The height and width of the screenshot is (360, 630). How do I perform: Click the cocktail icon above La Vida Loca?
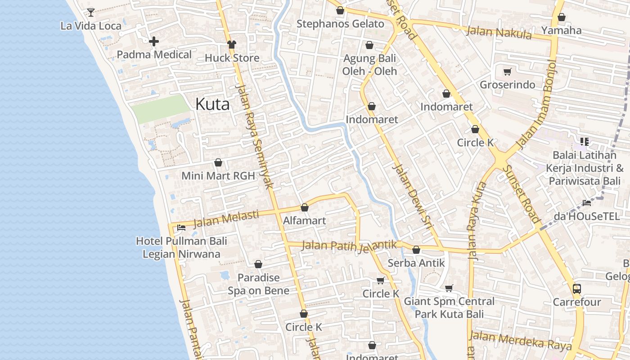91,12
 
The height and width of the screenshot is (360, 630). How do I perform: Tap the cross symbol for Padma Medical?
154,41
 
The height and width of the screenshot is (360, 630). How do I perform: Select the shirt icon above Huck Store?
232,45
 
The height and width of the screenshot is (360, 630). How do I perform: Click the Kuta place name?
212,104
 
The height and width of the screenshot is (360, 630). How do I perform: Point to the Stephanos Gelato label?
340,24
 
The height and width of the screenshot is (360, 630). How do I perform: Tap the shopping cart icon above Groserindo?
508,72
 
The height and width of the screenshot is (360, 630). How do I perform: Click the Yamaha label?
561,31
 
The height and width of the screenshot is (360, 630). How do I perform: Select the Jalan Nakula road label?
499,32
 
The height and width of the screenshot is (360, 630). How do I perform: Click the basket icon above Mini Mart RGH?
218,162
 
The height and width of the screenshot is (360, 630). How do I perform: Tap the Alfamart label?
304,221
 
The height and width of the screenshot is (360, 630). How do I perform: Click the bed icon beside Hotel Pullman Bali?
181,227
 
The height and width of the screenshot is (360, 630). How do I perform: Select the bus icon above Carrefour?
577,288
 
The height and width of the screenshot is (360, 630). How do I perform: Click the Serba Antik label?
416,263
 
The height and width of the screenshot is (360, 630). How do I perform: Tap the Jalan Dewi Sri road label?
412,198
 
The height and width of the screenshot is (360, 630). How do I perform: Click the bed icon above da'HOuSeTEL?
587,203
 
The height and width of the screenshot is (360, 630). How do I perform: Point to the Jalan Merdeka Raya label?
520,340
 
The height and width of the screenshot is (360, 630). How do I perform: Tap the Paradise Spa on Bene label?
258,284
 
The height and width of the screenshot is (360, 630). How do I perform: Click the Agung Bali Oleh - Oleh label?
369,65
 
